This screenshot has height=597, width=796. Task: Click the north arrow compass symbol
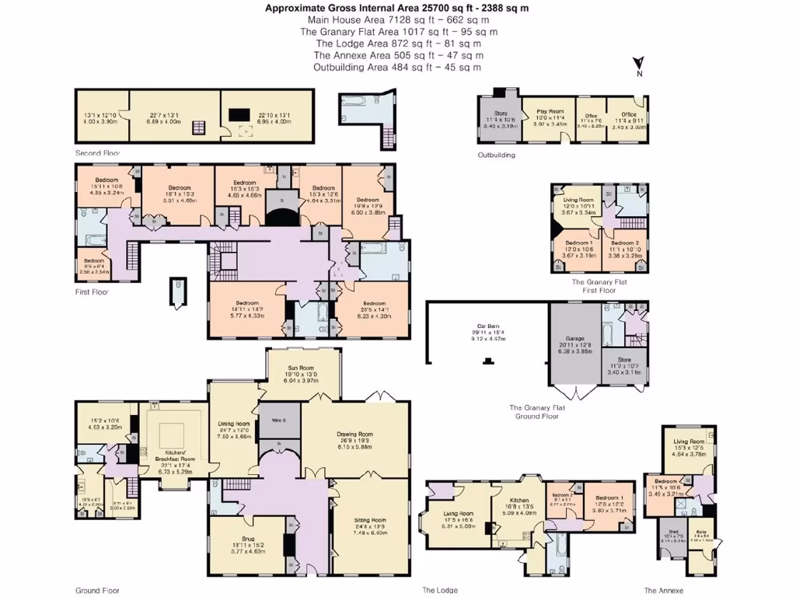(638, 65)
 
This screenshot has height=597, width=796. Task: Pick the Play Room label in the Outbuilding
(549, 112)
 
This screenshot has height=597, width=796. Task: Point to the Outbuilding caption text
(496, 155)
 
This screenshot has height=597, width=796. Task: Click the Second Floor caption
(98, 153)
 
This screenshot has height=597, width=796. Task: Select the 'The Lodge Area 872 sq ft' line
(398, 44)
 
